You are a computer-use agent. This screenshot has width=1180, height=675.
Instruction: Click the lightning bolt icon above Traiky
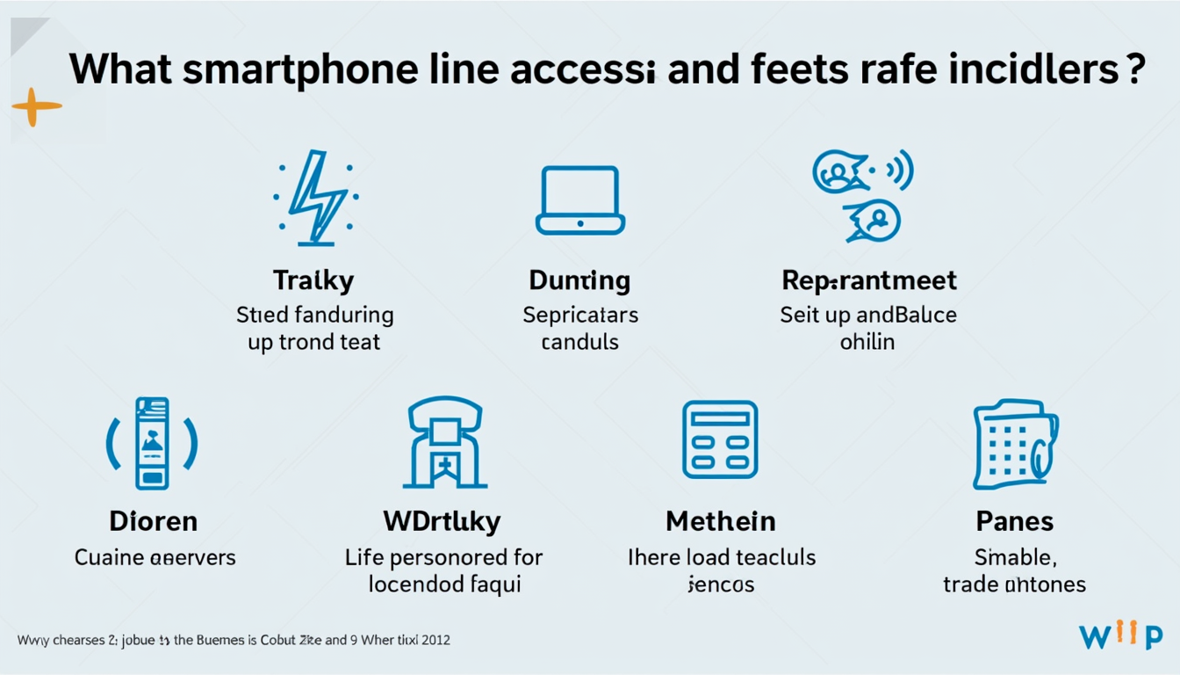314,197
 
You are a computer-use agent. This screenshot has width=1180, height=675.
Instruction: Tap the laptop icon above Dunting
579,200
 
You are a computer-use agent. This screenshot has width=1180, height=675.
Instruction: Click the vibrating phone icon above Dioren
152,443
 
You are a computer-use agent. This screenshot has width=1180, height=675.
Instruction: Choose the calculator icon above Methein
720,440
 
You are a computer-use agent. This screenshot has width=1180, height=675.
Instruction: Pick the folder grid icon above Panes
1015,444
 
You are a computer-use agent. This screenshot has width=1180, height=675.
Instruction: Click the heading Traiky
313,280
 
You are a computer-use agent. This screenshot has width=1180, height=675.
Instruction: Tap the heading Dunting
579,280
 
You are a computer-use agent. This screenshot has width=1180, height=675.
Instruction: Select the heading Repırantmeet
868,280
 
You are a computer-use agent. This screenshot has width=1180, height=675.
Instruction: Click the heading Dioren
155,520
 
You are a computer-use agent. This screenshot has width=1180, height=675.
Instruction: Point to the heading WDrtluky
442,520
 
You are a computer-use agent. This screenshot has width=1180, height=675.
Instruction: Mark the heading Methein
721,520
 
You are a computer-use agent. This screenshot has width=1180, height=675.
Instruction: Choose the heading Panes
1014,520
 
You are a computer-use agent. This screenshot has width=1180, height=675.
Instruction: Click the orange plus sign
37,106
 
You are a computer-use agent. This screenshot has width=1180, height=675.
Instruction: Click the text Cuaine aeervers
155,556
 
